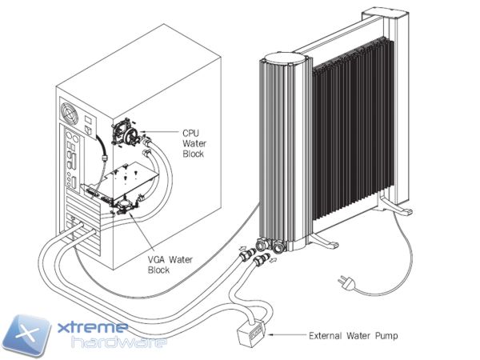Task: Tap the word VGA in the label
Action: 159,259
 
